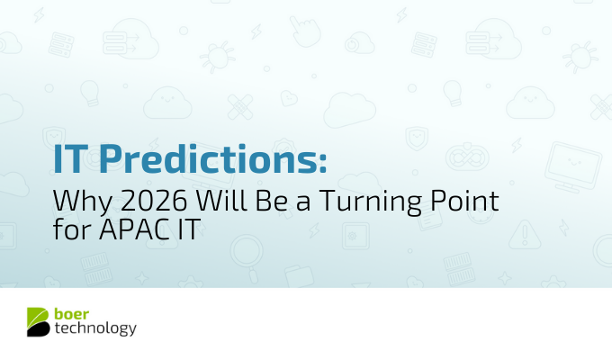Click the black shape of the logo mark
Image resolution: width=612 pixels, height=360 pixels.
click(38, 329)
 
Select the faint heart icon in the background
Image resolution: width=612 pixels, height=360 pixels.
click(290, 96)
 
